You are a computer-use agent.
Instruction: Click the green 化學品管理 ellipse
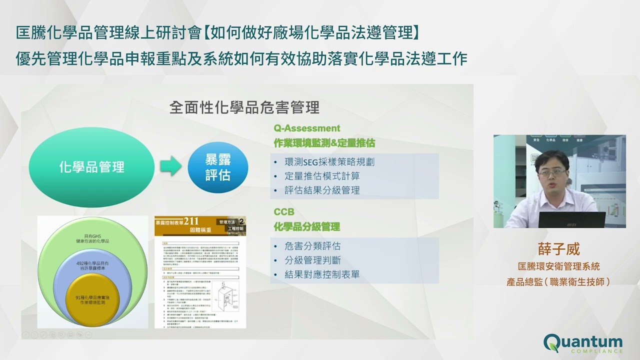coord(91,166)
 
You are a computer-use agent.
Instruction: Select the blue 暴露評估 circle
coord(218,168)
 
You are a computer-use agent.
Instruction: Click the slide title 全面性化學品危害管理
coord(244,107)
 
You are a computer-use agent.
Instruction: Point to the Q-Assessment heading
coord(306,128)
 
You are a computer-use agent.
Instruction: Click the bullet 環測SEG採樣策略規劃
coord(329,162)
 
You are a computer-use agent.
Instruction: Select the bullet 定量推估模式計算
coord(322,176)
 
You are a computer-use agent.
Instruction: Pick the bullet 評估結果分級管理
coord(322,190)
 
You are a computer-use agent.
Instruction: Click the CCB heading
coord(283,211)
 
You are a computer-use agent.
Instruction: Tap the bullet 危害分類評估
coord(312,246)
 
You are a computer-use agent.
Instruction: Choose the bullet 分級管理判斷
coord(312,260)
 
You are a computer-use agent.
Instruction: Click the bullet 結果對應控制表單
coord(322,274)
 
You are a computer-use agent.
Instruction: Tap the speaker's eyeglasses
coord(552,172)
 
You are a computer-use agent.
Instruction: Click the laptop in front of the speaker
coord(571,219)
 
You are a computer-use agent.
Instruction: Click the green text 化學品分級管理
coord(306,226)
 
